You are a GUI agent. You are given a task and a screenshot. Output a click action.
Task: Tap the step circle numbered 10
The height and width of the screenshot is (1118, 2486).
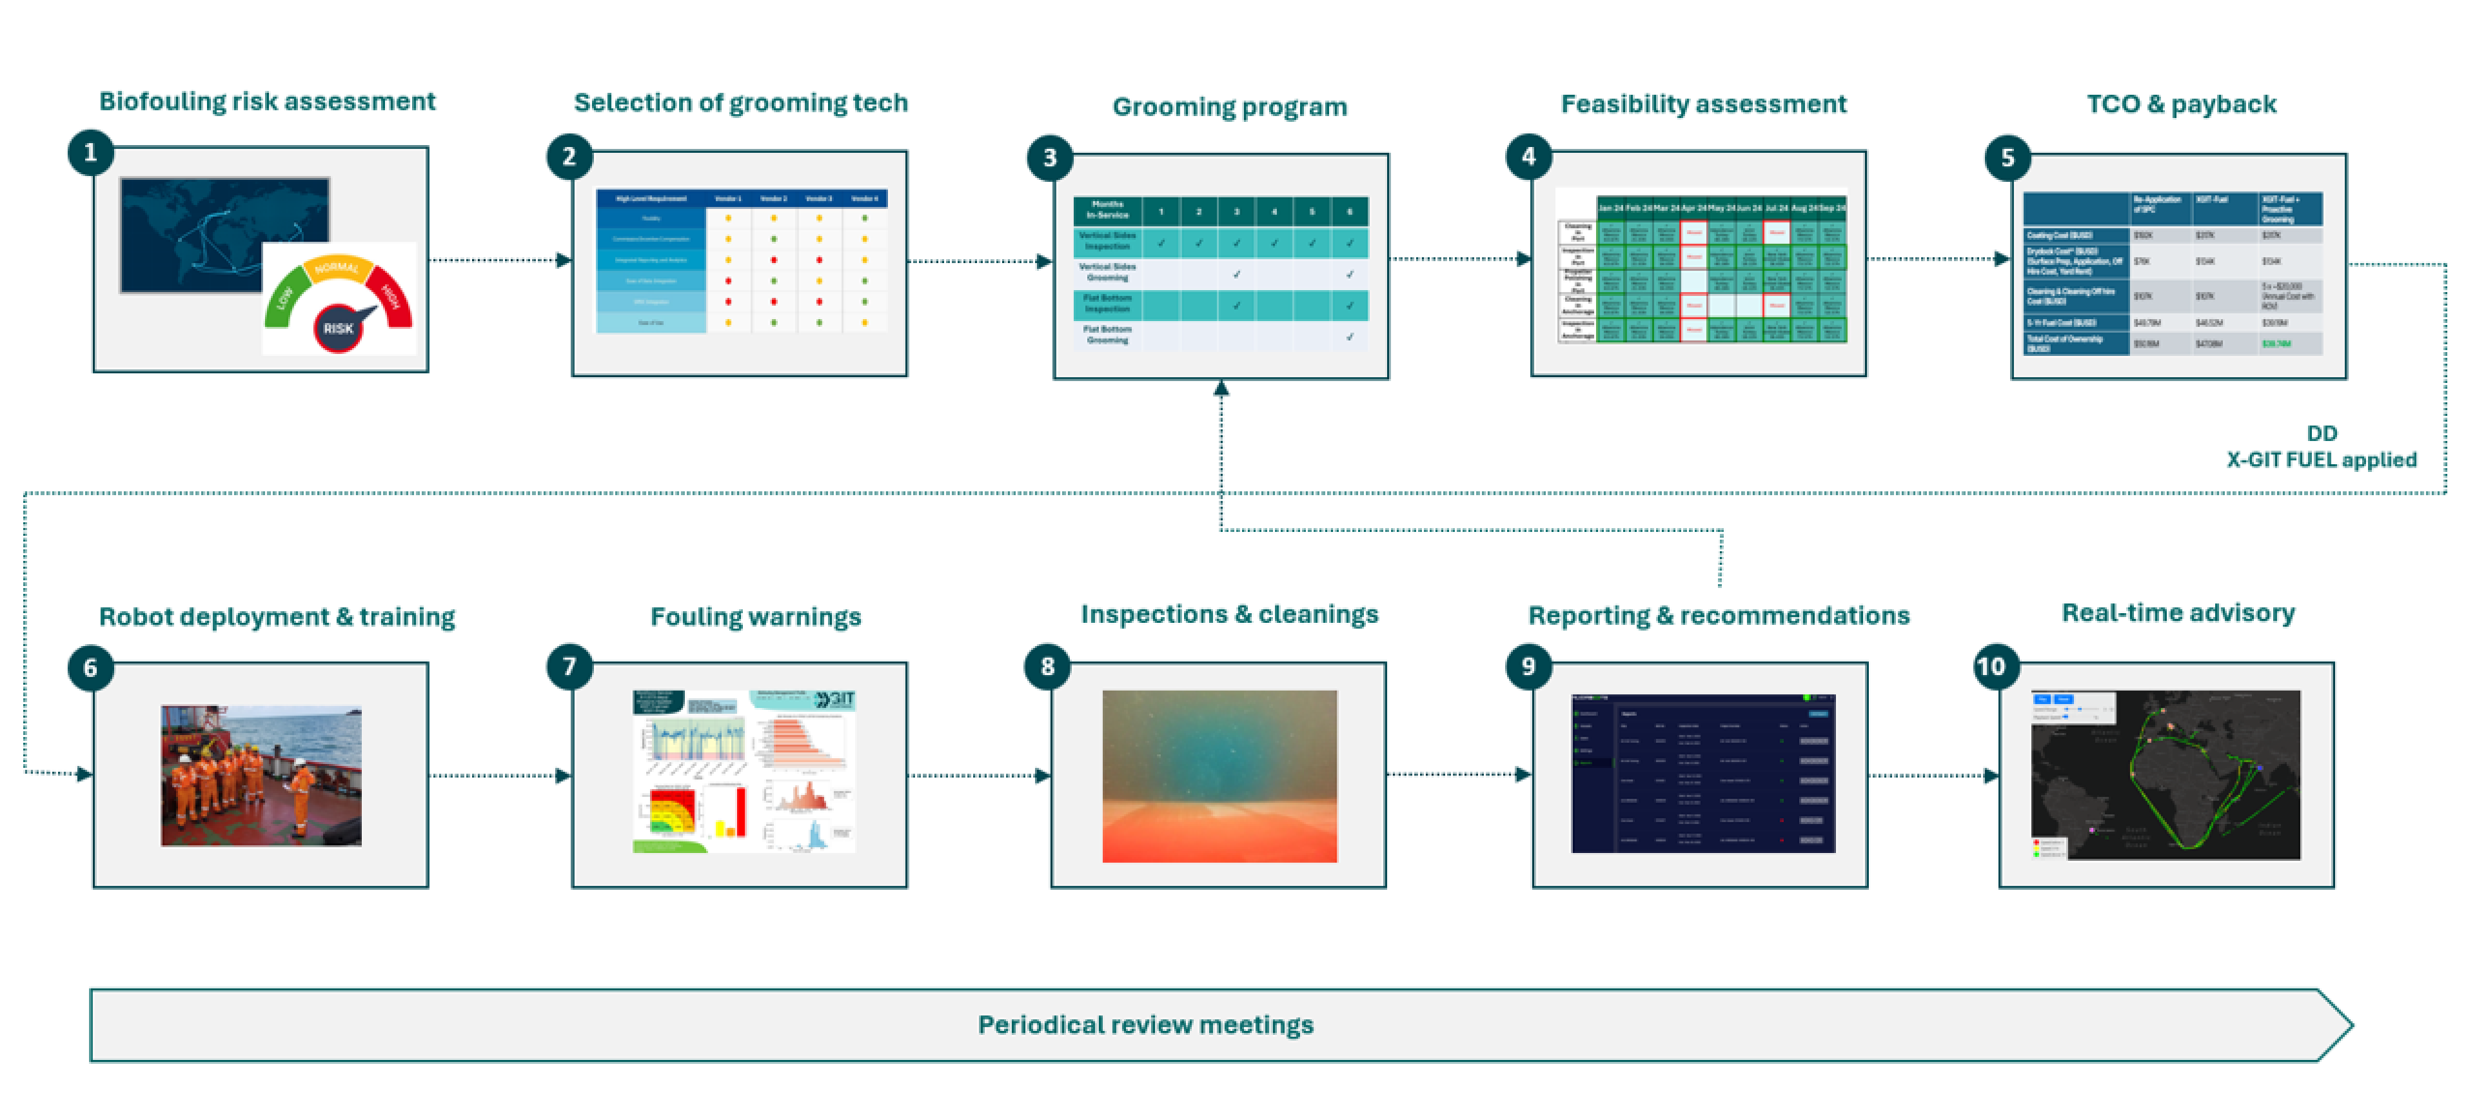[1991, 667]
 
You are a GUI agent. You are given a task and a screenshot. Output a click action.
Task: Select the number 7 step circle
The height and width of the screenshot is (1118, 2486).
[569, 667]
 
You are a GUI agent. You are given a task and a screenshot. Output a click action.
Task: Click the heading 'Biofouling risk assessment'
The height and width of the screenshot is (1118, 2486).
[268, 101]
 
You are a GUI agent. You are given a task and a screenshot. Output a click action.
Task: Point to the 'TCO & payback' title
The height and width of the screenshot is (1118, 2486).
[2181, 104]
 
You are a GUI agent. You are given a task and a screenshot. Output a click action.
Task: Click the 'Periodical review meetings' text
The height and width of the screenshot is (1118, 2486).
[1145, 1025]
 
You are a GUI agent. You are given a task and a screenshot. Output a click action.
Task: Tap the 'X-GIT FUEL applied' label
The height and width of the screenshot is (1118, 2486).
[2321, 460]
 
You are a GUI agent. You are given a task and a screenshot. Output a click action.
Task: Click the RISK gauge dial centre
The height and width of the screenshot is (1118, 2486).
[338, 328]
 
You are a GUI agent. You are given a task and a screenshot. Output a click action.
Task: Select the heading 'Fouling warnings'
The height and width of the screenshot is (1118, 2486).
[756, 616]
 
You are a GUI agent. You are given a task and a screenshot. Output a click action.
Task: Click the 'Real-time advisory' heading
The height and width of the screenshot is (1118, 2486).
[2178, 614]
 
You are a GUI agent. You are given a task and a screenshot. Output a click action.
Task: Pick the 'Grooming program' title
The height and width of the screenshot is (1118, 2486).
[1230, 107]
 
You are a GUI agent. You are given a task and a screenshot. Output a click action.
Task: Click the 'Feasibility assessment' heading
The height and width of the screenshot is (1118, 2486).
[1703, 104]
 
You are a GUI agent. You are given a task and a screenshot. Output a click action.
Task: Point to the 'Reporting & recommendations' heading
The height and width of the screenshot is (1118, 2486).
[1719, 616]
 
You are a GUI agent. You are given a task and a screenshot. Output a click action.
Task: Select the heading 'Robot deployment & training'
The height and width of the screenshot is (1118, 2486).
[277, 616]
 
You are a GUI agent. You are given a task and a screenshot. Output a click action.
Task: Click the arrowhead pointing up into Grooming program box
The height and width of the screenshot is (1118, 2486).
[1221, 387]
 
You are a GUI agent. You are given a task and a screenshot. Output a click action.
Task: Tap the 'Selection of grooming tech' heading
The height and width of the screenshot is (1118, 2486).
[740, 103]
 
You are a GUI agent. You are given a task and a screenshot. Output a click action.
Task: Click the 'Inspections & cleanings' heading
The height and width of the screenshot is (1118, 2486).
[1230, 614]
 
